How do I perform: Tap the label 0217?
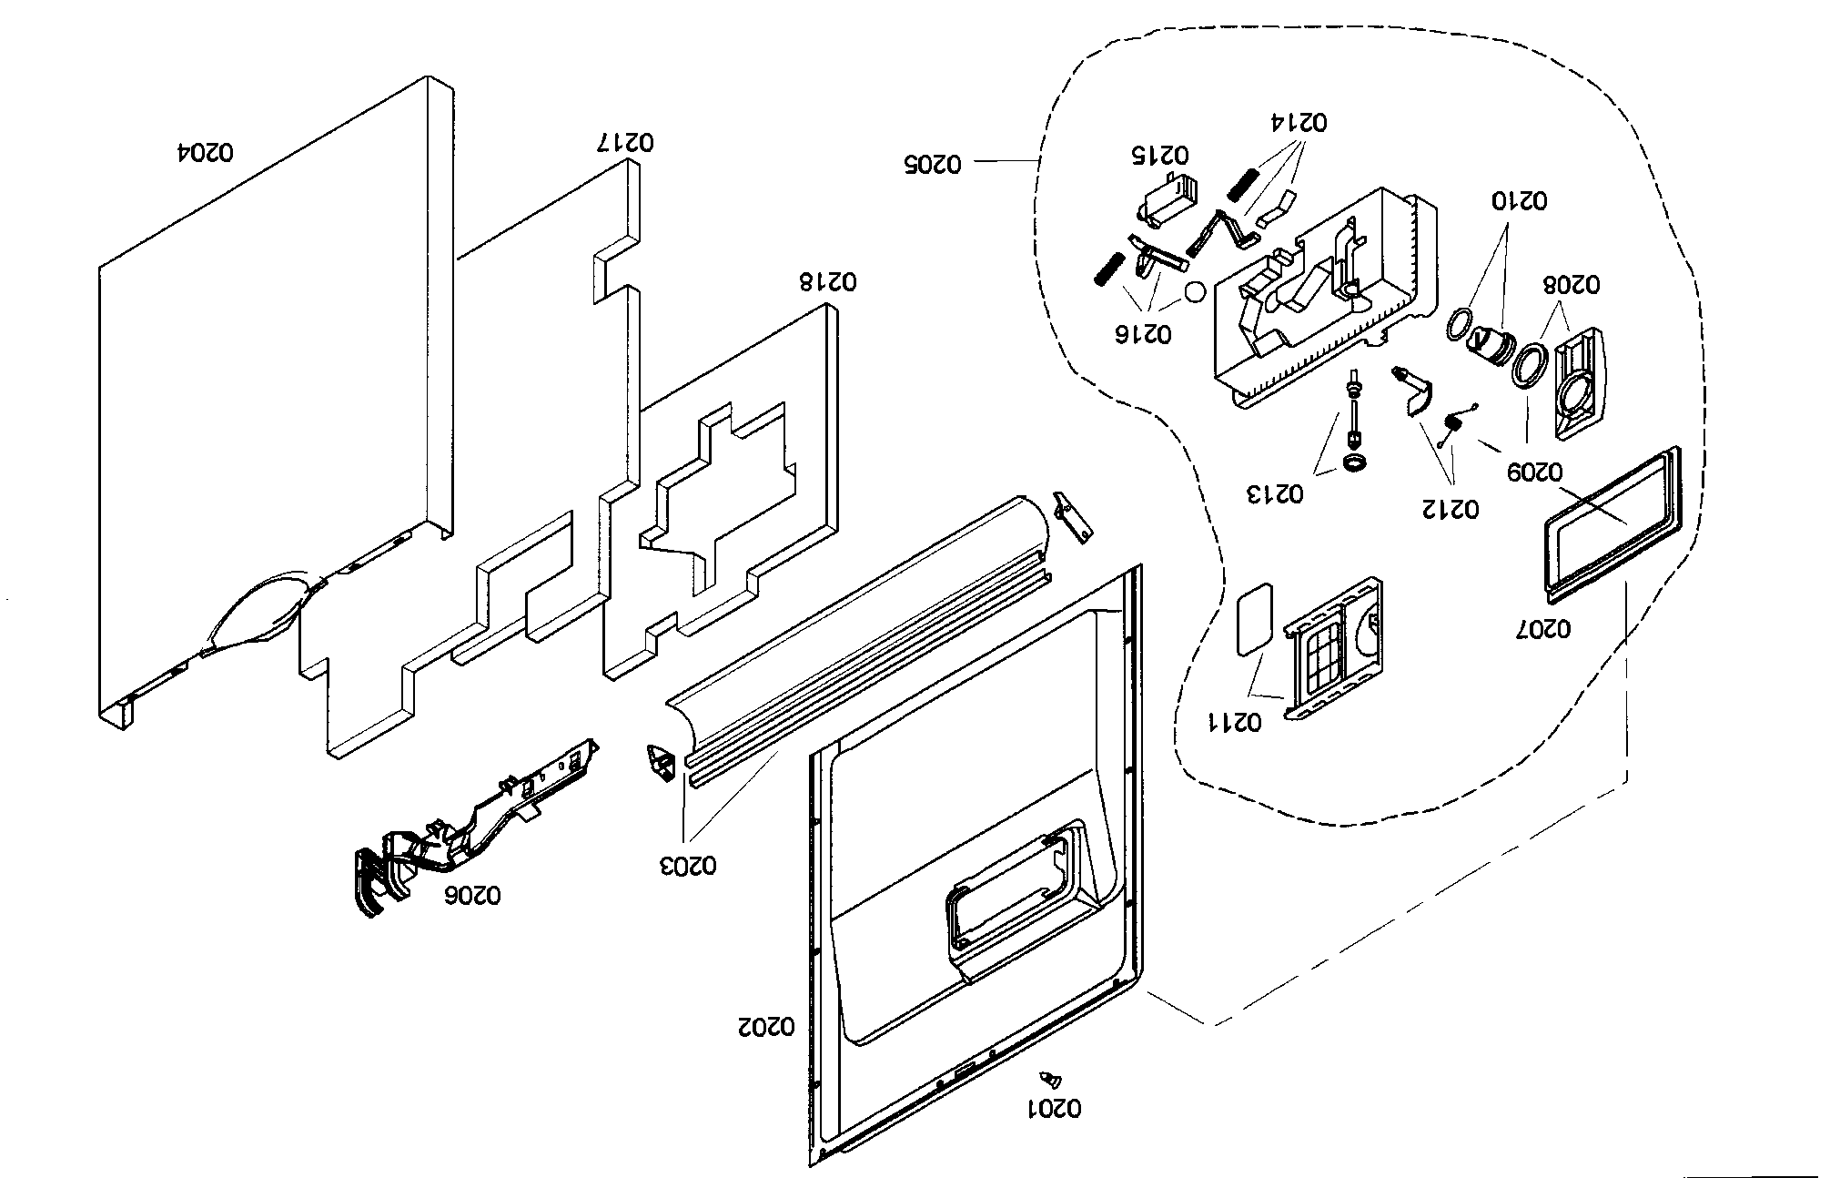[625, 142]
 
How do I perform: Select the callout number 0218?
[828, 280]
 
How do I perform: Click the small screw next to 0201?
[1051, 1080]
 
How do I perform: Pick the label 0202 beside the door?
[765, 1027]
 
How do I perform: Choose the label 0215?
[1160, 154]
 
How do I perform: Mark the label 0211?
[1234, 723]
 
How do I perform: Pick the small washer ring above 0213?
[1355, 464]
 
